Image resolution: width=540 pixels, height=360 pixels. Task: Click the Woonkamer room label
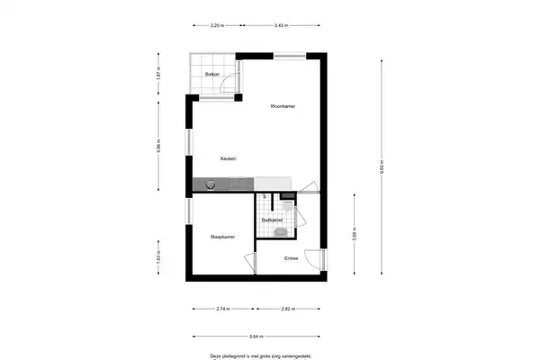[283, 106]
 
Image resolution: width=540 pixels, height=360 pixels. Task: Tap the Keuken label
[229, 159]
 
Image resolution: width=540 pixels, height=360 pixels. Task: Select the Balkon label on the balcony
[212, 75]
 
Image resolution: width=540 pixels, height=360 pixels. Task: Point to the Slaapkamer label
[222, 237]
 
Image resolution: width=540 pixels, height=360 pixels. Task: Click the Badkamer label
[272, 220]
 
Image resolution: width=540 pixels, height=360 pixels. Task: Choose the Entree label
[291, 259]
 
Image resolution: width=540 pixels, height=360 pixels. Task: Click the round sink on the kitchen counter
[211, 184]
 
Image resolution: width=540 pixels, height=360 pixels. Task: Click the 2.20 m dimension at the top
[217, 26]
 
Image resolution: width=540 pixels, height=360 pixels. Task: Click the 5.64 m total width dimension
[256, 338]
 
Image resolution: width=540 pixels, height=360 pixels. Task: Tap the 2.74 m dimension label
[223, 309]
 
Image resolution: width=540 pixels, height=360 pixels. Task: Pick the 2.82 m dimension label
[287, 309]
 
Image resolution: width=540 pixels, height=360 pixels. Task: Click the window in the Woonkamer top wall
[289, 57]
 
